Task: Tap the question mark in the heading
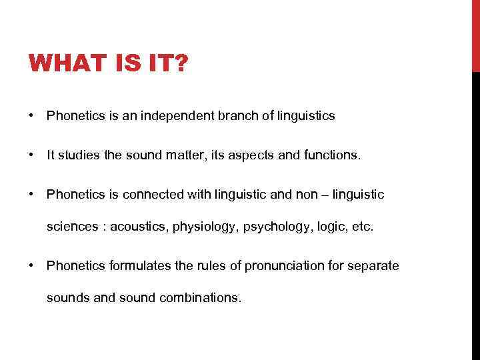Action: [181, 65]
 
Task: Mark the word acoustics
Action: [138, 227]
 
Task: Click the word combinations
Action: [200, 298]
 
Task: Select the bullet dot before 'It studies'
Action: [31, 155]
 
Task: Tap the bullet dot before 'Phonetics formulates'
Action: [31, 266]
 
